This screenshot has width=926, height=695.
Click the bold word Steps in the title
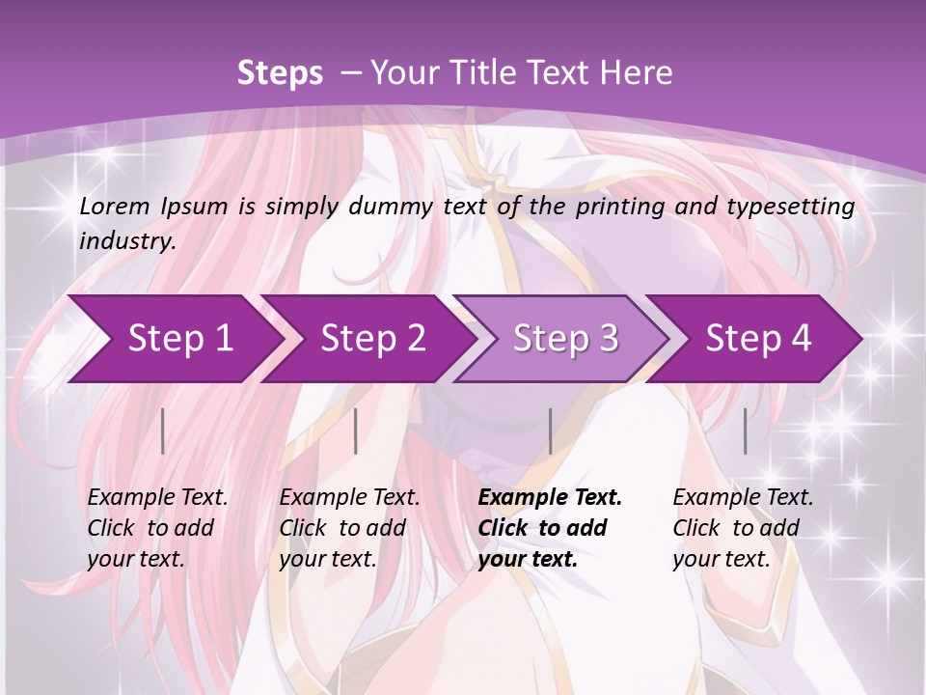[280, 73]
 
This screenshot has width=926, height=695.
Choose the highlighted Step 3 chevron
[565, 338]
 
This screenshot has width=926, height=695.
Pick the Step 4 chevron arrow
[758, 338]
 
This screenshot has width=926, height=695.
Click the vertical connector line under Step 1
[163, 431]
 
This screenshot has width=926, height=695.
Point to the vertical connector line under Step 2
[356, 431]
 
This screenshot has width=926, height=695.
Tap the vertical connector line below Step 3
[550, 431]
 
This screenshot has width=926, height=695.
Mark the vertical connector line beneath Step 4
[745, 431]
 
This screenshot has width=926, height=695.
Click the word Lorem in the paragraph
[111, 206]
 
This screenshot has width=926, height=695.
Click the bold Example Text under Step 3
[550, 497]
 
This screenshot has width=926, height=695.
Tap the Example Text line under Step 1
[158, 497]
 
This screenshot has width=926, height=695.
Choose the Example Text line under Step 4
[743, 497]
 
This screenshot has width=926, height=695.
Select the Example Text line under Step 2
[349, 497]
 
